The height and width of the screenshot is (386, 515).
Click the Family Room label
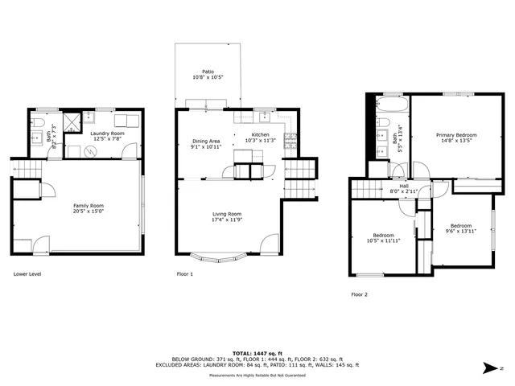[x=89, y=206]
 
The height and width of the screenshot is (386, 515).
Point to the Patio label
[x=208, y=71]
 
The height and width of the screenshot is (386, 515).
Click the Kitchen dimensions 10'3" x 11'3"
[x=261, y=141]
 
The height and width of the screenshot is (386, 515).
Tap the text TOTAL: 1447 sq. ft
[x=257, y=352]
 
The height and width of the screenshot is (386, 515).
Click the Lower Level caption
[x=28, y=274]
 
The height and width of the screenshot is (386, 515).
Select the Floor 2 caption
[x=359, y=294]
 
